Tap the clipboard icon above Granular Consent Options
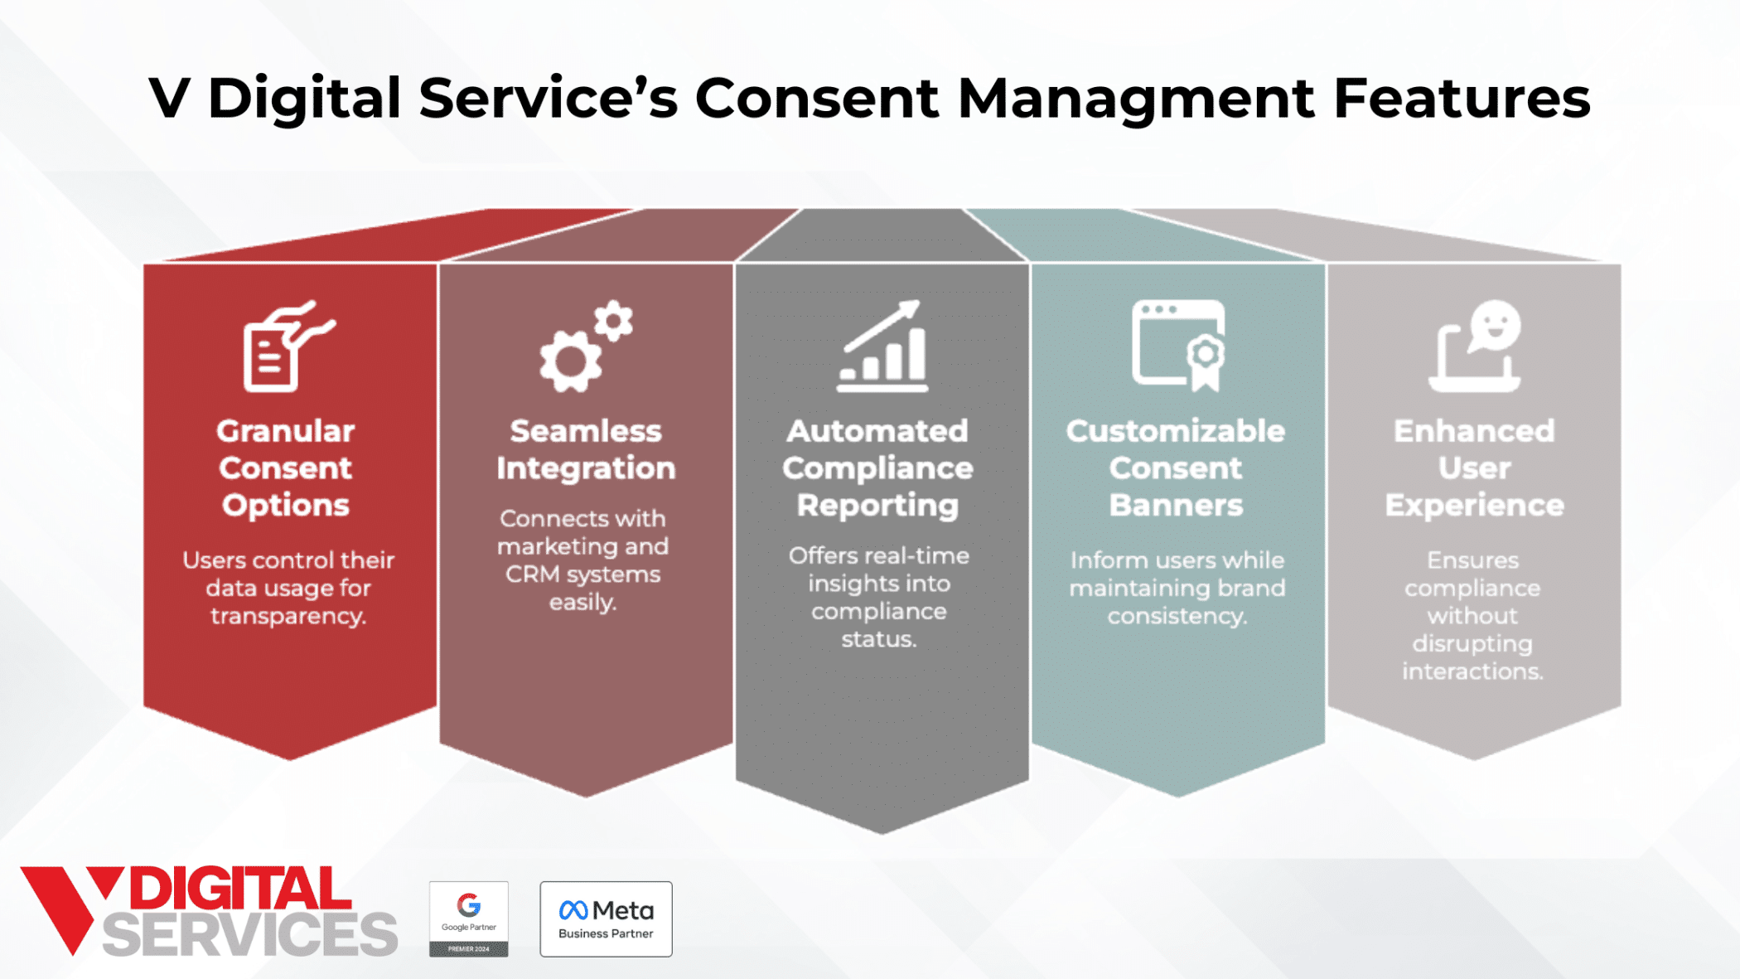click(287, 347)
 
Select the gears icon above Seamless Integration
click(585, 347)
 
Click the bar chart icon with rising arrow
click(882, 347)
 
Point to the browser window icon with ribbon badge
click(1178, 345)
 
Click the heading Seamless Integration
click(586, 449)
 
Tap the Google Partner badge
click(468, 918)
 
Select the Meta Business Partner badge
click(606, 918)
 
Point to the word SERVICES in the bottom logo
click(249, 934)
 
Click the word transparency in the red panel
click(288, 616)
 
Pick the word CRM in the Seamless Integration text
click(532, 574)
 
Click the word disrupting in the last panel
click(1472, 643)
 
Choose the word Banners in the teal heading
click(1176, 505)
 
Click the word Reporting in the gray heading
click(877, 505)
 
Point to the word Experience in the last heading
click(1474, 505)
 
